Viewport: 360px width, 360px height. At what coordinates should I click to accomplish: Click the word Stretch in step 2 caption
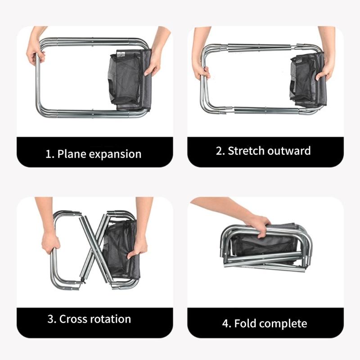coord(247,150)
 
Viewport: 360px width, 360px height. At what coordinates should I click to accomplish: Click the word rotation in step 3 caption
coord(110,319)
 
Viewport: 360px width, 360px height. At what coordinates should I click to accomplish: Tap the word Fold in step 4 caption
coord(247,323)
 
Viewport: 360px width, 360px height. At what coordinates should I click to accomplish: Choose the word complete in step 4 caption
coord(283,324)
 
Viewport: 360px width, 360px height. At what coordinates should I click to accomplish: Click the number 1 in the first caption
coord(49,154)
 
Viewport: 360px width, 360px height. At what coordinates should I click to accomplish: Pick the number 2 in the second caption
coord(219,150)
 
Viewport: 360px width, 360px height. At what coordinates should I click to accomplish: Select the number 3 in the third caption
coord(50,319)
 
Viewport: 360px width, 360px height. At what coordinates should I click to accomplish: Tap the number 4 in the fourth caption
coord(225,324)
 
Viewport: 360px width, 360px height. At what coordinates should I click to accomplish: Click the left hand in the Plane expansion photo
coord(36,52)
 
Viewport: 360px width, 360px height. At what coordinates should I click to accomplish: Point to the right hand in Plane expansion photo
coord(154,58)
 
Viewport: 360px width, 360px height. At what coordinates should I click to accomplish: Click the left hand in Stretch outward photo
coord(201,67)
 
